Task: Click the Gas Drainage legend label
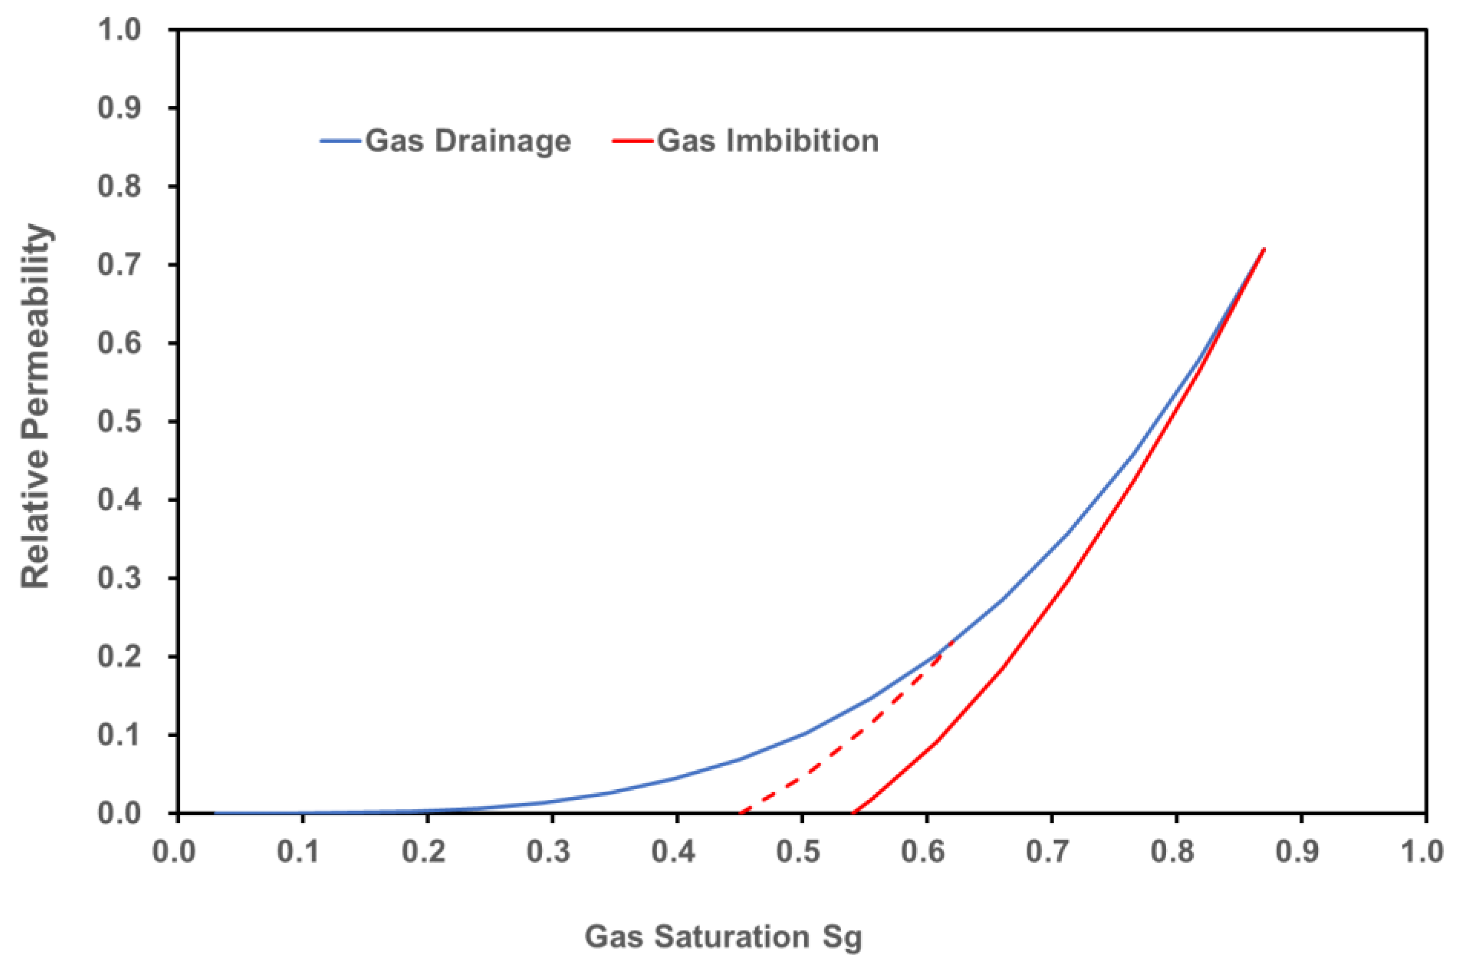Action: tap(468, 141)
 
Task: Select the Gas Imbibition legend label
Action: tap(768, 141)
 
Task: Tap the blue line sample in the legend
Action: tap(340, 141)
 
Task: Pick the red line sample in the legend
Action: tap(633, 141)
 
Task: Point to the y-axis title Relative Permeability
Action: tap(35, 405)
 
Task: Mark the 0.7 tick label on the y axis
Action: tap(119, 265)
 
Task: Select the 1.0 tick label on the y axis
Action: tap(119, 30)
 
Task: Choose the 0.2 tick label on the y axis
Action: tap(119, 656)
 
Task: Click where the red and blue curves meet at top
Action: tap(1264, 249)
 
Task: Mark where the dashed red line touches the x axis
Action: tap(740, 812)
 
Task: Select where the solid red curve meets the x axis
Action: tap(853, 812)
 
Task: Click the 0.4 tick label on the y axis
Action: tap(119, 500)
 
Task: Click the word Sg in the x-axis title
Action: tap(842, 937)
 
